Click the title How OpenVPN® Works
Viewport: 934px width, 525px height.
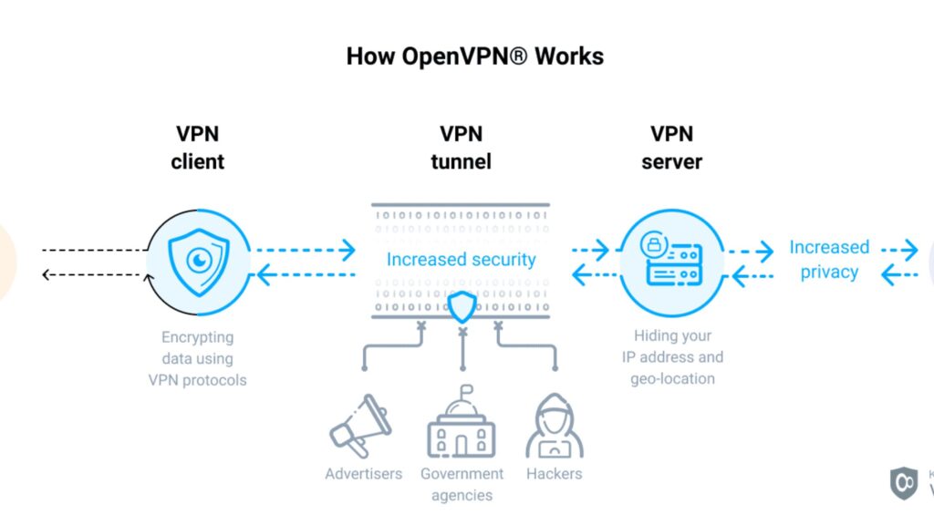coord(474,56)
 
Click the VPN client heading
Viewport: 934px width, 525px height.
coord(198,148)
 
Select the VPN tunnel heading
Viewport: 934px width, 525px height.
coord(461,148)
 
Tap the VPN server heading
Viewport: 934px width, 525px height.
coord(672,148)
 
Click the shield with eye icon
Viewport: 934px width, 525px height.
coord(198,261)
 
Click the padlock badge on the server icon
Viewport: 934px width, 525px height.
coord(653,243)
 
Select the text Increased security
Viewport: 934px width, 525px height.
coord(461,259)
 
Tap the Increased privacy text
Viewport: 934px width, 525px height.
coord(829,259)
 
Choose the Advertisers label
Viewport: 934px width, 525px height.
coord(363,474)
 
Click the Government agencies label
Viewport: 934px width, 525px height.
coord(462,484)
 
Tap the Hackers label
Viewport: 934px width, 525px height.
coord(554,474)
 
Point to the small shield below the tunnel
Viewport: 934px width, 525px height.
coord(462,308)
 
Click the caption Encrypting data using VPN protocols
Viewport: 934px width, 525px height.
coord(197,358)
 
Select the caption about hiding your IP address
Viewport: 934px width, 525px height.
coord(672,358)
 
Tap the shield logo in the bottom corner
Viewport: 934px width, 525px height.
coord(903,482)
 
